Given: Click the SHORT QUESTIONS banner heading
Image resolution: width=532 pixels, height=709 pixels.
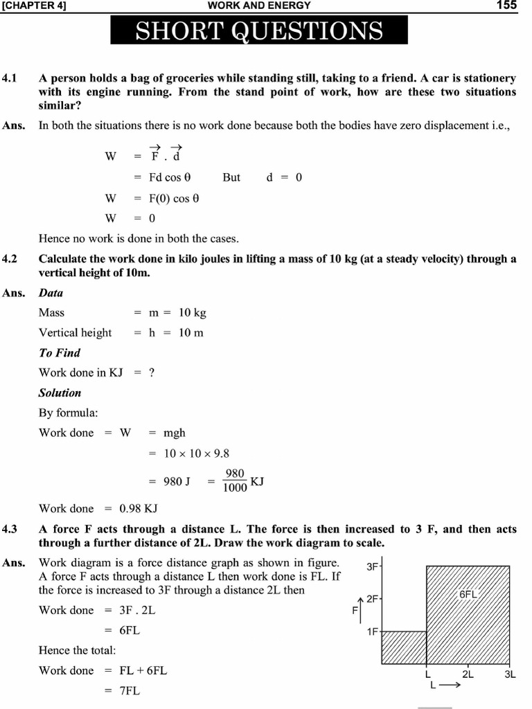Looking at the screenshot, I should click(258, 30).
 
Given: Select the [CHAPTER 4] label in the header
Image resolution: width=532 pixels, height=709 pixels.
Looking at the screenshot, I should click(34, 6).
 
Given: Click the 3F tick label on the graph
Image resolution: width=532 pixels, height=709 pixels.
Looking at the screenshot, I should click(372, 566).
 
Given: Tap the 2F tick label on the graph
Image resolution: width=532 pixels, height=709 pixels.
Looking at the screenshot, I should click(372, 598).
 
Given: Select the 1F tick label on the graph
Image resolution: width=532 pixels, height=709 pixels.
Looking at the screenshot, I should click(372, 631).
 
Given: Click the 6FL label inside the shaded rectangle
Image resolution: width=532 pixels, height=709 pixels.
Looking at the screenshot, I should click(469, 595).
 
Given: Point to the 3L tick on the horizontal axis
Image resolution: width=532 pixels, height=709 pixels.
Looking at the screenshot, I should click(510, 674).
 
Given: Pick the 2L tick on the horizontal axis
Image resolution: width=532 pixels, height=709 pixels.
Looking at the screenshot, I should click(468, 674).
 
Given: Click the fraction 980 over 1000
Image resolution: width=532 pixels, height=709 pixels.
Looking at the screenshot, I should click(235, 480).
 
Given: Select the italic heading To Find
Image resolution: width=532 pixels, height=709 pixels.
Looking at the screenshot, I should click(60, 353).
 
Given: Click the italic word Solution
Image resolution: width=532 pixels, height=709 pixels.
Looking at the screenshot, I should click(60, 393).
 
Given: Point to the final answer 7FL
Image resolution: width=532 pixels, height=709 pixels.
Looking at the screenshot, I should click(130, 691).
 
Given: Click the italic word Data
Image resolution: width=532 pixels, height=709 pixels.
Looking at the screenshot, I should click(51, 293).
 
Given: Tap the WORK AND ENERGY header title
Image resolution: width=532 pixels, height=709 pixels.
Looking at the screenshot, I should click(259, 6).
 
